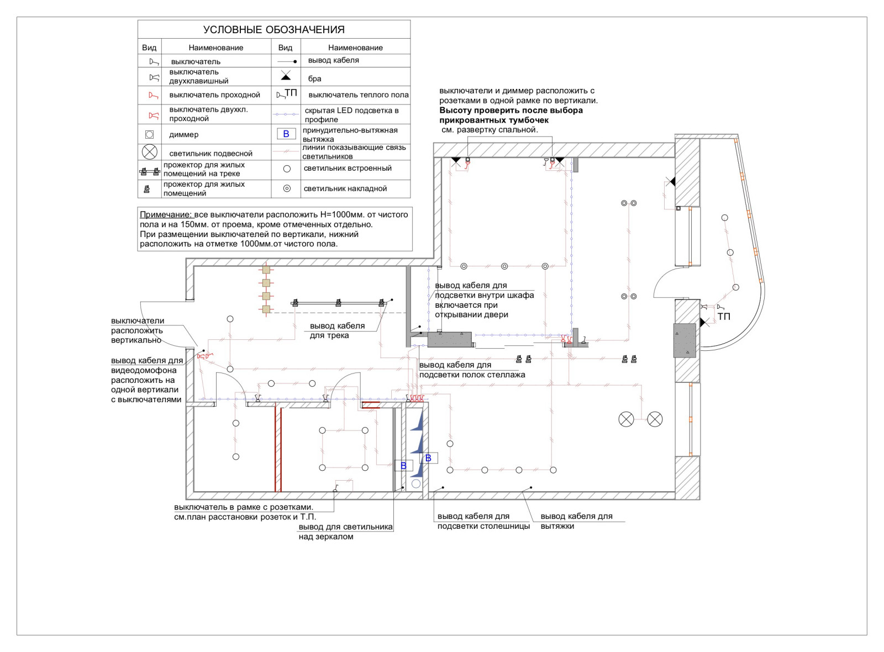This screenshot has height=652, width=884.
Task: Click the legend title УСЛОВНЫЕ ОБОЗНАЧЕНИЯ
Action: (273, 30)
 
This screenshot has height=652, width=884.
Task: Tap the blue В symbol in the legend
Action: (286, 134)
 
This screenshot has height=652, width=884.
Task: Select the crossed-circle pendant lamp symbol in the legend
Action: (149, 152)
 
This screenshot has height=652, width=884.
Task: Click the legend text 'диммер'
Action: (184, 135)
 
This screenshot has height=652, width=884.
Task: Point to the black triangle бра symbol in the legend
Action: (286, 76)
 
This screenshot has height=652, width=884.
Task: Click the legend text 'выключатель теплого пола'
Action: (358, 95)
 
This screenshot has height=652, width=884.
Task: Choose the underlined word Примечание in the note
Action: (165, 215)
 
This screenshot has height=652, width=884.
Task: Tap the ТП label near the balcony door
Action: (724, 317)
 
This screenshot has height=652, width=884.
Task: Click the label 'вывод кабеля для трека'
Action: (337, 330)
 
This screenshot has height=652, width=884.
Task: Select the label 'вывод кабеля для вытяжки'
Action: (576, 521)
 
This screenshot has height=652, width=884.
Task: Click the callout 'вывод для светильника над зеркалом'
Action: (345, 532)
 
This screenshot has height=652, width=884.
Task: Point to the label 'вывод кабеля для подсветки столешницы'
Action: (483, 521)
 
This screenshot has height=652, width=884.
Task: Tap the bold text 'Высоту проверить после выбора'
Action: (511, 111)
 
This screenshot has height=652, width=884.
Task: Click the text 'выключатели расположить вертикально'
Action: (138, 330)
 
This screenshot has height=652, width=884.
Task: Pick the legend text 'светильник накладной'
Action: (345, 189)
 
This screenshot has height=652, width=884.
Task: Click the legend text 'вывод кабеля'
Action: (333, 60)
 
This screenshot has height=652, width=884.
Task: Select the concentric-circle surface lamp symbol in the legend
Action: (287, 188)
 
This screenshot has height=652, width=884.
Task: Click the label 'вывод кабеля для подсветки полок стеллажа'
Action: (472, 370)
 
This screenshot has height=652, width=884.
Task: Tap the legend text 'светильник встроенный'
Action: (347, 169)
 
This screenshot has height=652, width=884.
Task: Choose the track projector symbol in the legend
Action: (149, 171)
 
